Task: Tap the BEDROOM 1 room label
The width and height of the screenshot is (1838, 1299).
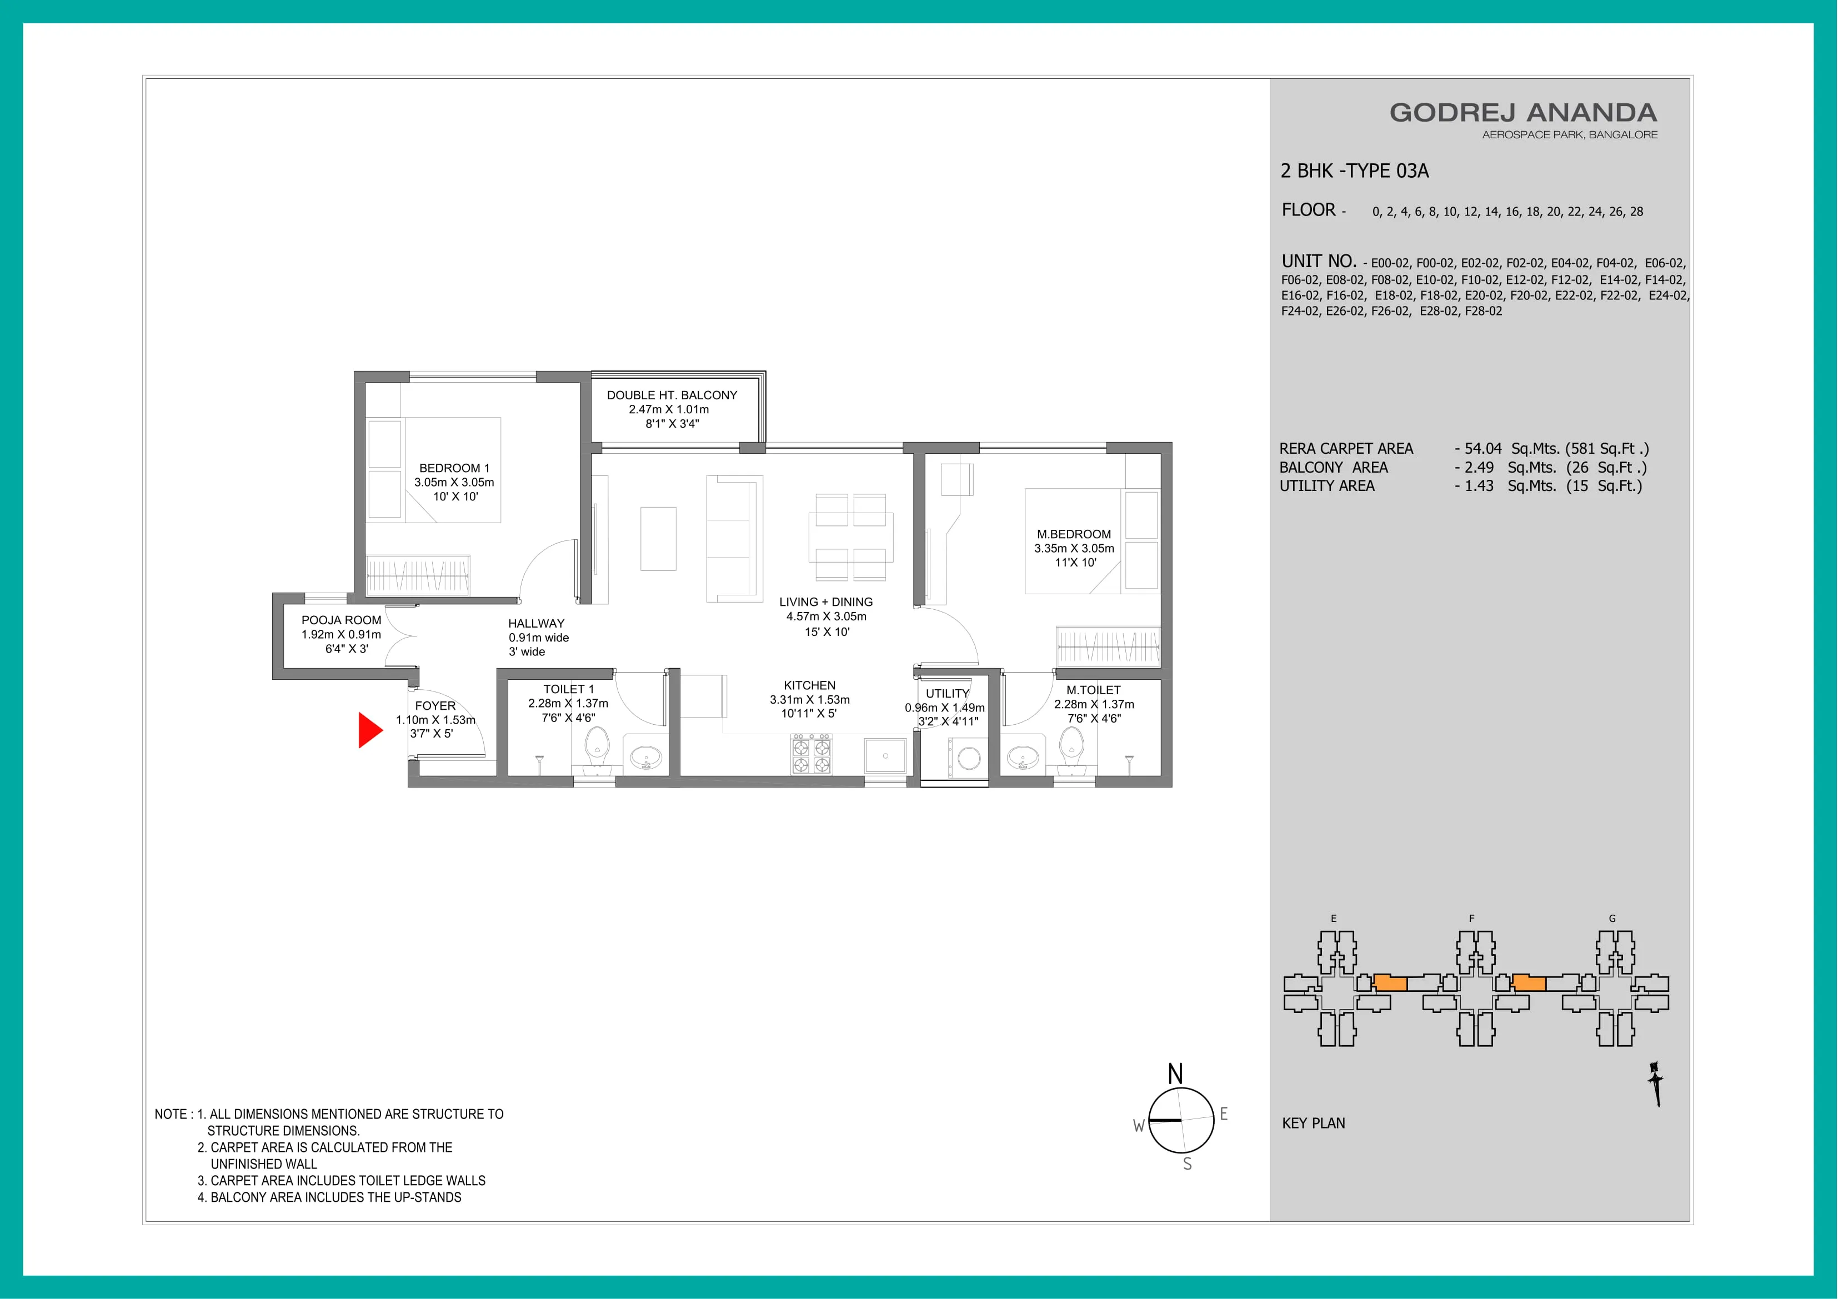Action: point(454,468)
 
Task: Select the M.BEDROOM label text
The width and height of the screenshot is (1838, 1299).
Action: point(1074,534)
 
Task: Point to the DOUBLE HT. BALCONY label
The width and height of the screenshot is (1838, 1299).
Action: point(672,395)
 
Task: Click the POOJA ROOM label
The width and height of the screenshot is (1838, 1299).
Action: point(341,620)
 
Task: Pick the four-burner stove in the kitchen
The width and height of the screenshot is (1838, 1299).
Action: point(812,755)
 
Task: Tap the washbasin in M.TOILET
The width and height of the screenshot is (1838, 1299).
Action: point(1022,756)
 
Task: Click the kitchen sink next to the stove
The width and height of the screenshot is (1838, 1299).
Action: point(885,755)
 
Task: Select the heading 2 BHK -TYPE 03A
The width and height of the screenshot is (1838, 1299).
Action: point(1355,170)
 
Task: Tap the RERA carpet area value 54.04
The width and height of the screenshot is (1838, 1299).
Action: point(1483,449)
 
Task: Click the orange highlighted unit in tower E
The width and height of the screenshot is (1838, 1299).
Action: point(1390,983)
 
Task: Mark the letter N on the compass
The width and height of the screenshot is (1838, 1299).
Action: point(1175,1074)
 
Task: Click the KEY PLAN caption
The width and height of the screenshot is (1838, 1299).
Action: point(1313,1123)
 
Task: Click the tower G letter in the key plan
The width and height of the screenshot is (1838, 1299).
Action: point(1612,918)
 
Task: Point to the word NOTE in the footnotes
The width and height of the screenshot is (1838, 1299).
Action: point(171,1114)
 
